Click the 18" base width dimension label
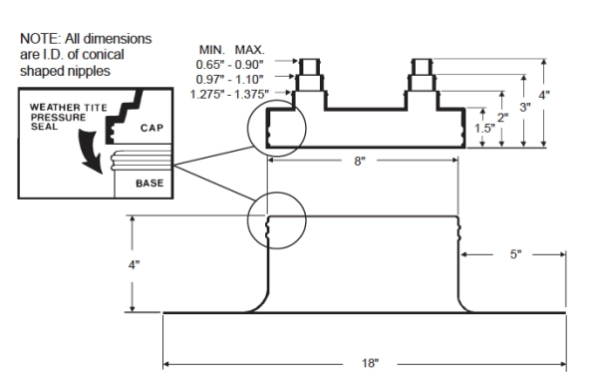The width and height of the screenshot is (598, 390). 371,363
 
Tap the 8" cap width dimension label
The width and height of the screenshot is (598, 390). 359,161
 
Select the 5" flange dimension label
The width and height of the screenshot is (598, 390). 515,254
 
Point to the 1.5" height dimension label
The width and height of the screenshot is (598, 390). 484,129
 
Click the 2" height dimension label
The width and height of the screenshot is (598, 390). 503,117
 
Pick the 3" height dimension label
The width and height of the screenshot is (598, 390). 525,108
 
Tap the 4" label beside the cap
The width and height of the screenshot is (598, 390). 544,95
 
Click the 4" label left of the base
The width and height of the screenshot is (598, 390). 134,264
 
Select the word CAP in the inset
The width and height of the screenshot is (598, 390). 151,128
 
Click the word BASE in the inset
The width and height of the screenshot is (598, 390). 149,184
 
